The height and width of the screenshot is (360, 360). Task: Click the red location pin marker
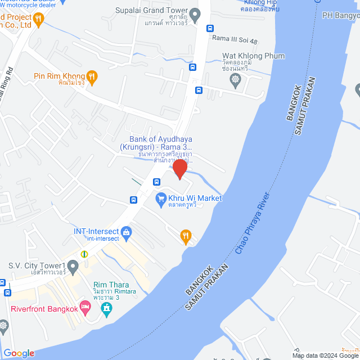point(180,169)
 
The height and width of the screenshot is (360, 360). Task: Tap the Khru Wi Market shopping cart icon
point(161,199)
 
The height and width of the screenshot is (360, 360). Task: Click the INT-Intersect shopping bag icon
point(127,232)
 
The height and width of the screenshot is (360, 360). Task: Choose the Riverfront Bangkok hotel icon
point(85,308)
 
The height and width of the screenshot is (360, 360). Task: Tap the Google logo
point(19,353)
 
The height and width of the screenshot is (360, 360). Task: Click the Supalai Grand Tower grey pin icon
point(195,15)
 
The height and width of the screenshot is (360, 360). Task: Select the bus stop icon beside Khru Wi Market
point(134,200)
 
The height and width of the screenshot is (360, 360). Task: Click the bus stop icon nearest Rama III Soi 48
point(210,28)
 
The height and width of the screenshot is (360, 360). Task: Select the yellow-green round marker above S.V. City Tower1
point(84,254)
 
